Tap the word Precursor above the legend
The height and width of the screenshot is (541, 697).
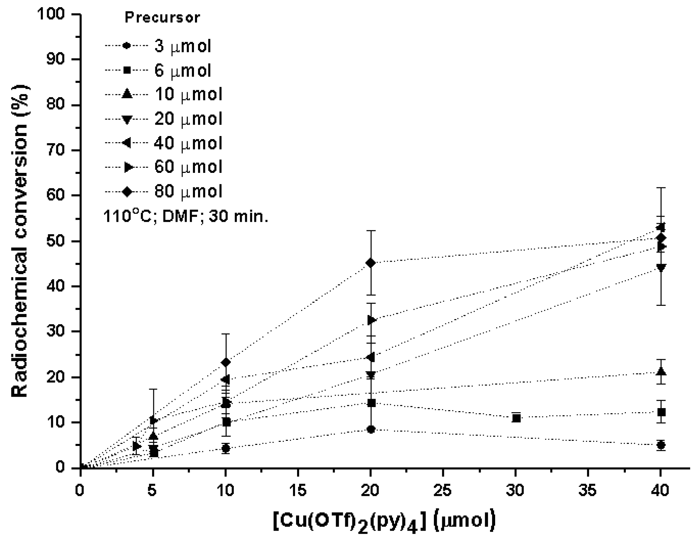(x=162, y=18)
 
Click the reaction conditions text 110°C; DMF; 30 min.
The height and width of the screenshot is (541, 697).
(x=186, y=217)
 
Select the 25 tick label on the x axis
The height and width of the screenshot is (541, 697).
(x=443, y=490)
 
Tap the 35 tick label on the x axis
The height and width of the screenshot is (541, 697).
(x=588, y=490)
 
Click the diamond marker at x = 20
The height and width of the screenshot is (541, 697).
(x=371, y=263)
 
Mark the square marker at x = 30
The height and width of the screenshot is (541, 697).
(x=516, y=418)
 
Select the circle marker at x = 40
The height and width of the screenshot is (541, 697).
(x=661, y=445)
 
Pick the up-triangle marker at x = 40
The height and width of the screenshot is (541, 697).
(x=661, y=372)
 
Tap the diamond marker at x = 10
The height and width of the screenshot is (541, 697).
(x=226, y=362)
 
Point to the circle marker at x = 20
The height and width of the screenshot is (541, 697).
(x=371, y=429)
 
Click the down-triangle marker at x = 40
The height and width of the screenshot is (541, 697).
(x=661, y=268)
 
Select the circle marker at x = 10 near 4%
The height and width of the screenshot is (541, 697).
(x=226, y=448)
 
